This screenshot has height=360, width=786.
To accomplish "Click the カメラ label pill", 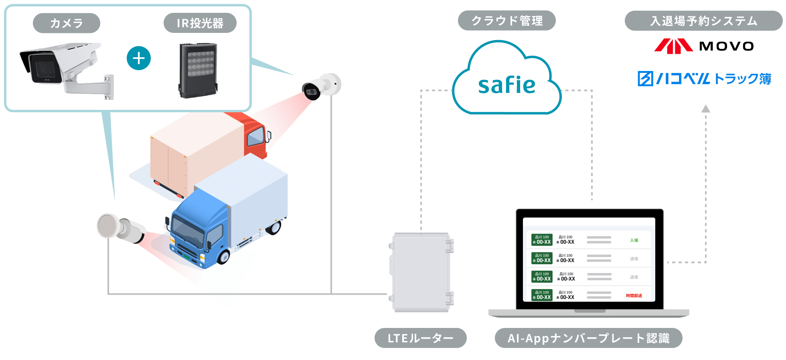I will pos(66,23).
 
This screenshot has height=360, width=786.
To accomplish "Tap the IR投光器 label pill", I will pos(200,23).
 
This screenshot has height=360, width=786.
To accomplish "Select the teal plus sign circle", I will pos(139,59).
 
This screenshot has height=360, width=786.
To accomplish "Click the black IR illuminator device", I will pos(198,71).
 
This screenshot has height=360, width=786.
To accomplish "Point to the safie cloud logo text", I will pos(506,85).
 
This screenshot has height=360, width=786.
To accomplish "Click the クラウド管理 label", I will pos(506,20).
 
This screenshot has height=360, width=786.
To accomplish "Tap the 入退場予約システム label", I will pos(703,21).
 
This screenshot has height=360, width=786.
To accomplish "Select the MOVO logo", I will pos(704,46).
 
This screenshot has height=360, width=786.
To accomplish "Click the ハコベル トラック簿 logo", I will pos(704,79).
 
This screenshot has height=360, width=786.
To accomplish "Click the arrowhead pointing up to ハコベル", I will pos(706,109).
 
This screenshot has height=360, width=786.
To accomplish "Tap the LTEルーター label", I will pos(420,338).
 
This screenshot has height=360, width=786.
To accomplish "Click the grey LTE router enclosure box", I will pos(421,273).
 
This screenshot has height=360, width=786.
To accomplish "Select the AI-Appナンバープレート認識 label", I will pos(588,338).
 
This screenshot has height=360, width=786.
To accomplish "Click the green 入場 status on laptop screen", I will pos(634,240).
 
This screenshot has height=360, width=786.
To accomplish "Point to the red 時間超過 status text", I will pos(634,295).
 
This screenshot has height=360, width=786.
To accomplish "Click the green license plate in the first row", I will pos(542,240).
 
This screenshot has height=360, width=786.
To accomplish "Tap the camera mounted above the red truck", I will pos(321,87).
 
